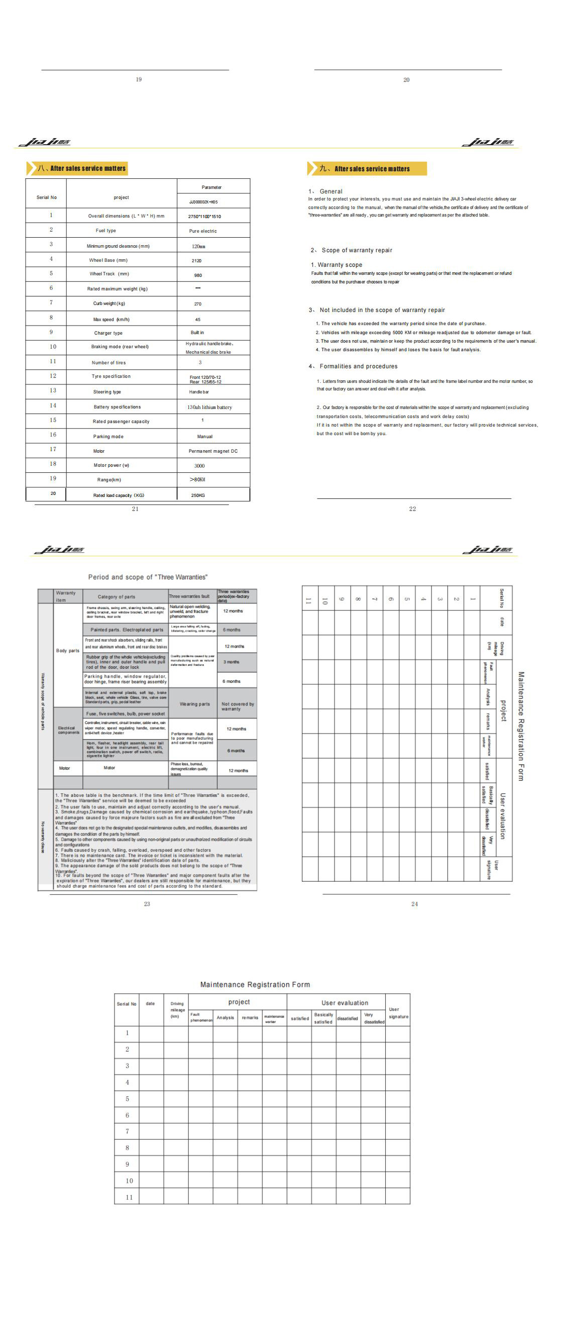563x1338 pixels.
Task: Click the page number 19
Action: (139, 79)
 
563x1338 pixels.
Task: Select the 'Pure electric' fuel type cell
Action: (202, 231)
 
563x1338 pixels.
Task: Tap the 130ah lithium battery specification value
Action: (209, 407)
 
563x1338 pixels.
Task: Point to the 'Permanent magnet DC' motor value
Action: (212, 451)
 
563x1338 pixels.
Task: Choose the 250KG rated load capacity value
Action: (198, 495)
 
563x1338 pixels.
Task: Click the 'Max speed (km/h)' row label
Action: (111, 320)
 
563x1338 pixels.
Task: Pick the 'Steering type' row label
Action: (107, 392)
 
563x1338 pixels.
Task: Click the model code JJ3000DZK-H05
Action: (203, 202)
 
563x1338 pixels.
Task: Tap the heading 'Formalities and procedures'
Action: (359, 366)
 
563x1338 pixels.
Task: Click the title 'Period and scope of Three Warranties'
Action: (148, 577)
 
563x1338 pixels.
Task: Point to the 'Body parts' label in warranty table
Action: (67, 650)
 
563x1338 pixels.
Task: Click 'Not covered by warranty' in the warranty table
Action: (238, 706)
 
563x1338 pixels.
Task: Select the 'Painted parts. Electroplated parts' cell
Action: (127, 630)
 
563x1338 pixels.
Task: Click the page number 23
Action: (147, 904)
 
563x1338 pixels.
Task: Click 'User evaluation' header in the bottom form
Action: (345, 1003)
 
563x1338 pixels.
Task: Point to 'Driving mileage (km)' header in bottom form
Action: (177, 1010)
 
